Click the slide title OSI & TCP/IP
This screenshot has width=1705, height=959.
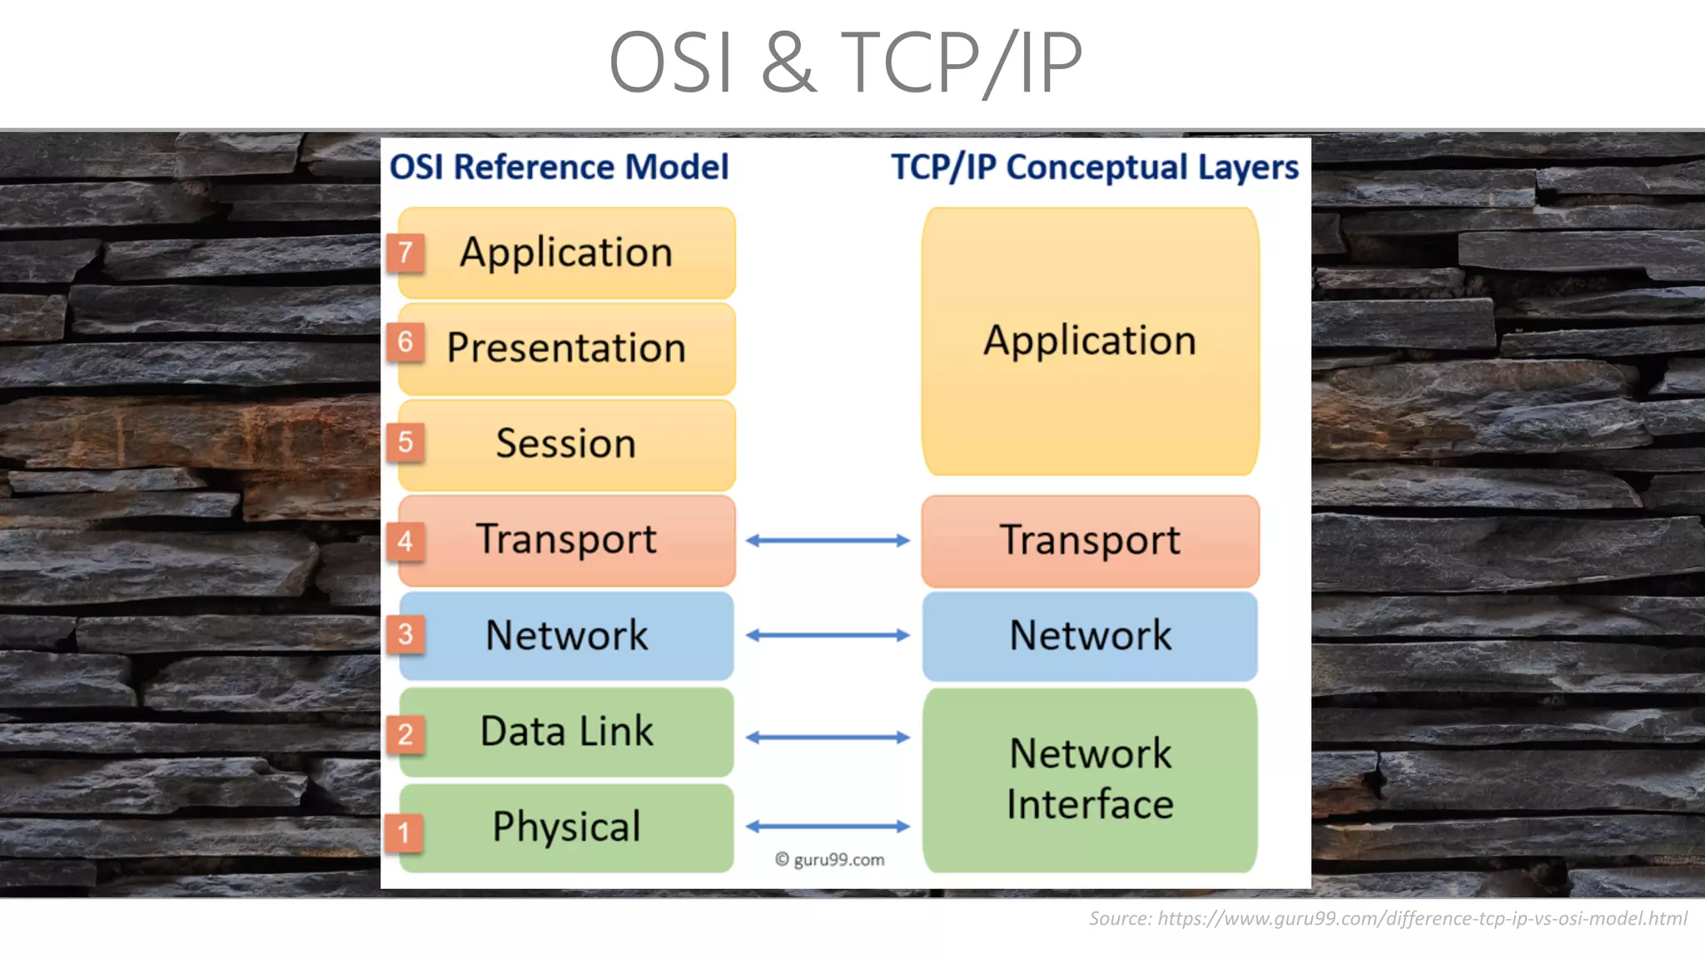(845, 62)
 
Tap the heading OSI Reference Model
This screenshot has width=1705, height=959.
(559, 166)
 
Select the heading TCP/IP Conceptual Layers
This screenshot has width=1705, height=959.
(1094, 167)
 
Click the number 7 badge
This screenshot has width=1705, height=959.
(405, 252)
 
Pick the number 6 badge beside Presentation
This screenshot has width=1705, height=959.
(405, 341)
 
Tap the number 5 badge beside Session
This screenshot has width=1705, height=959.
(405, 442)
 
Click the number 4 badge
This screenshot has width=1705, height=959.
(405, 541)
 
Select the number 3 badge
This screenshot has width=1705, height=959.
(405, 634)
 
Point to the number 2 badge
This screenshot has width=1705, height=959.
(405, 734)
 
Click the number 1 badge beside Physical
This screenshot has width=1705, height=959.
(404, 832)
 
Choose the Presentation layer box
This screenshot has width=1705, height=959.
(566, 349)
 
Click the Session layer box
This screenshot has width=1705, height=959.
(566, 445)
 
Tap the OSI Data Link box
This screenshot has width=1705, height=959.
(566, 732)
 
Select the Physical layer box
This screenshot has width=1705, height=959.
(566, 827)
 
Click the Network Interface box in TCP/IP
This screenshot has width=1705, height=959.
(1090, 779)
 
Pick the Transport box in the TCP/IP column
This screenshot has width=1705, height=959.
(1090, 541)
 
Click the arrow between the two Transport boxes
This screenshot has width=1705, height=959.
(828, 541)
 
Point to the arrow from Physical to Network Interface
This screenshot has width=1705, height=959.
(828, 827)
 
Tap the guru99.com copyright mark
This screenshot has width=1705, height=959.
(829, 860)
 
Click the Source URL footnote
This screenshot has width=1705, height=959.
(1388, 919)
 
